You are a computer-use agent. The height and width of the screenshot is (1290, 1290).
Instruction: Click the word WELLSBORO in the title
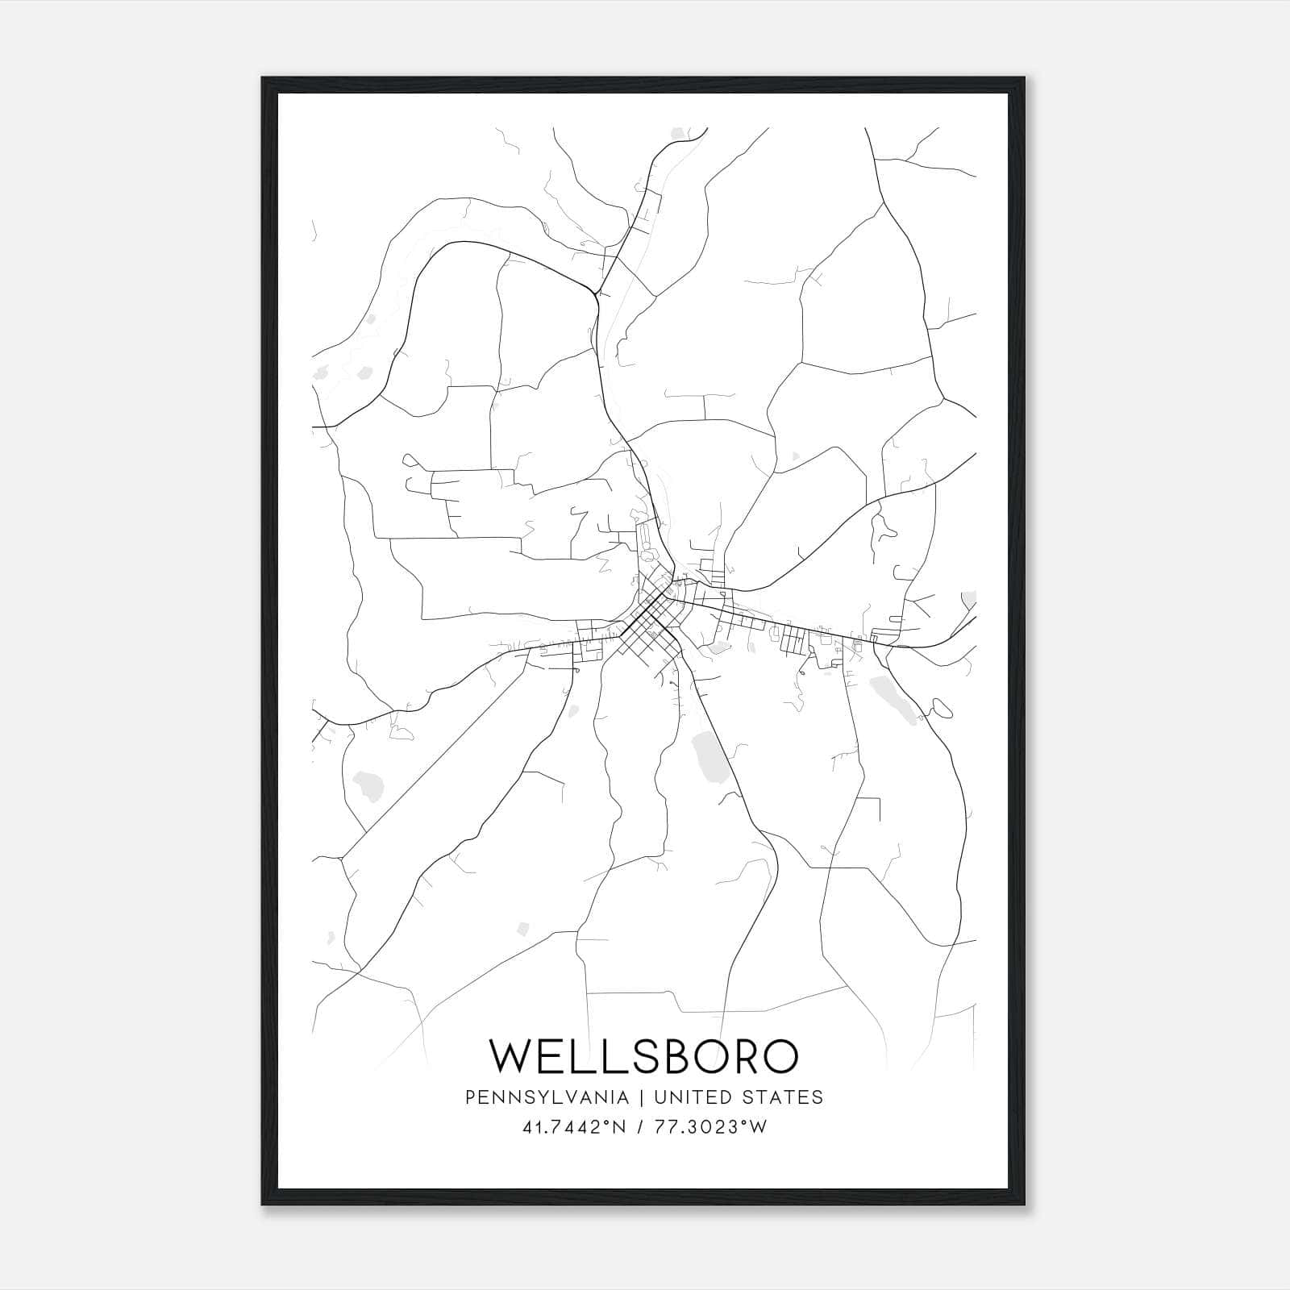[x=644, y=1056]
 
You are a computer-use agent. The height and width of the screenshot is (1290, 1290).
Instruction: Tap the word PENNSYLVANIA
[x=547, y=1097]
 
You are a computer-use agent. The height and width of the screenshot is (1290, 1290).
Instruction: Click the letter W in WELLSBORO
[x=512, y=1056]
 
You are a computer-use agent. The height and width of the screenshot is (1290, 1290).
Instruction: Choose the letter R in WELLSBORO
[x=741, y=1056]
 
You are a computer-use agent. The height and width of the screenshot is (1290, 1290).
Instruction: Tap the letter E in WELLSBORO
[x=556, y=1056]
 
